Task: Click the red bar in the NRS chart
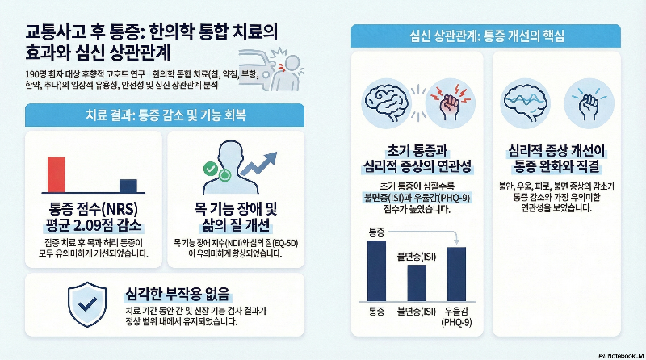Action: pyautogui.click(x=56, y=173)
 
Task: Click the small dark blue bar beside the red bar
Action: pyautogui.click(x=128, y=183)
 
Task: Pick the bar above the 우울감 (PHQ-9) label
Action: pyautogui.click(x=457, y=274)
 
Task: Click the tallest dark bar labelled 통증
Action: pyautogui.click(x=376, y=270)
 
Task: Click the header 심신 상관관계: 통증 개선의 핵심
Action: pyautogui.click(x=486, y=36)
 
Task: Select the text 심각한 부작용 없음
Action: pyautogui.click(x=178, y=292)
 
